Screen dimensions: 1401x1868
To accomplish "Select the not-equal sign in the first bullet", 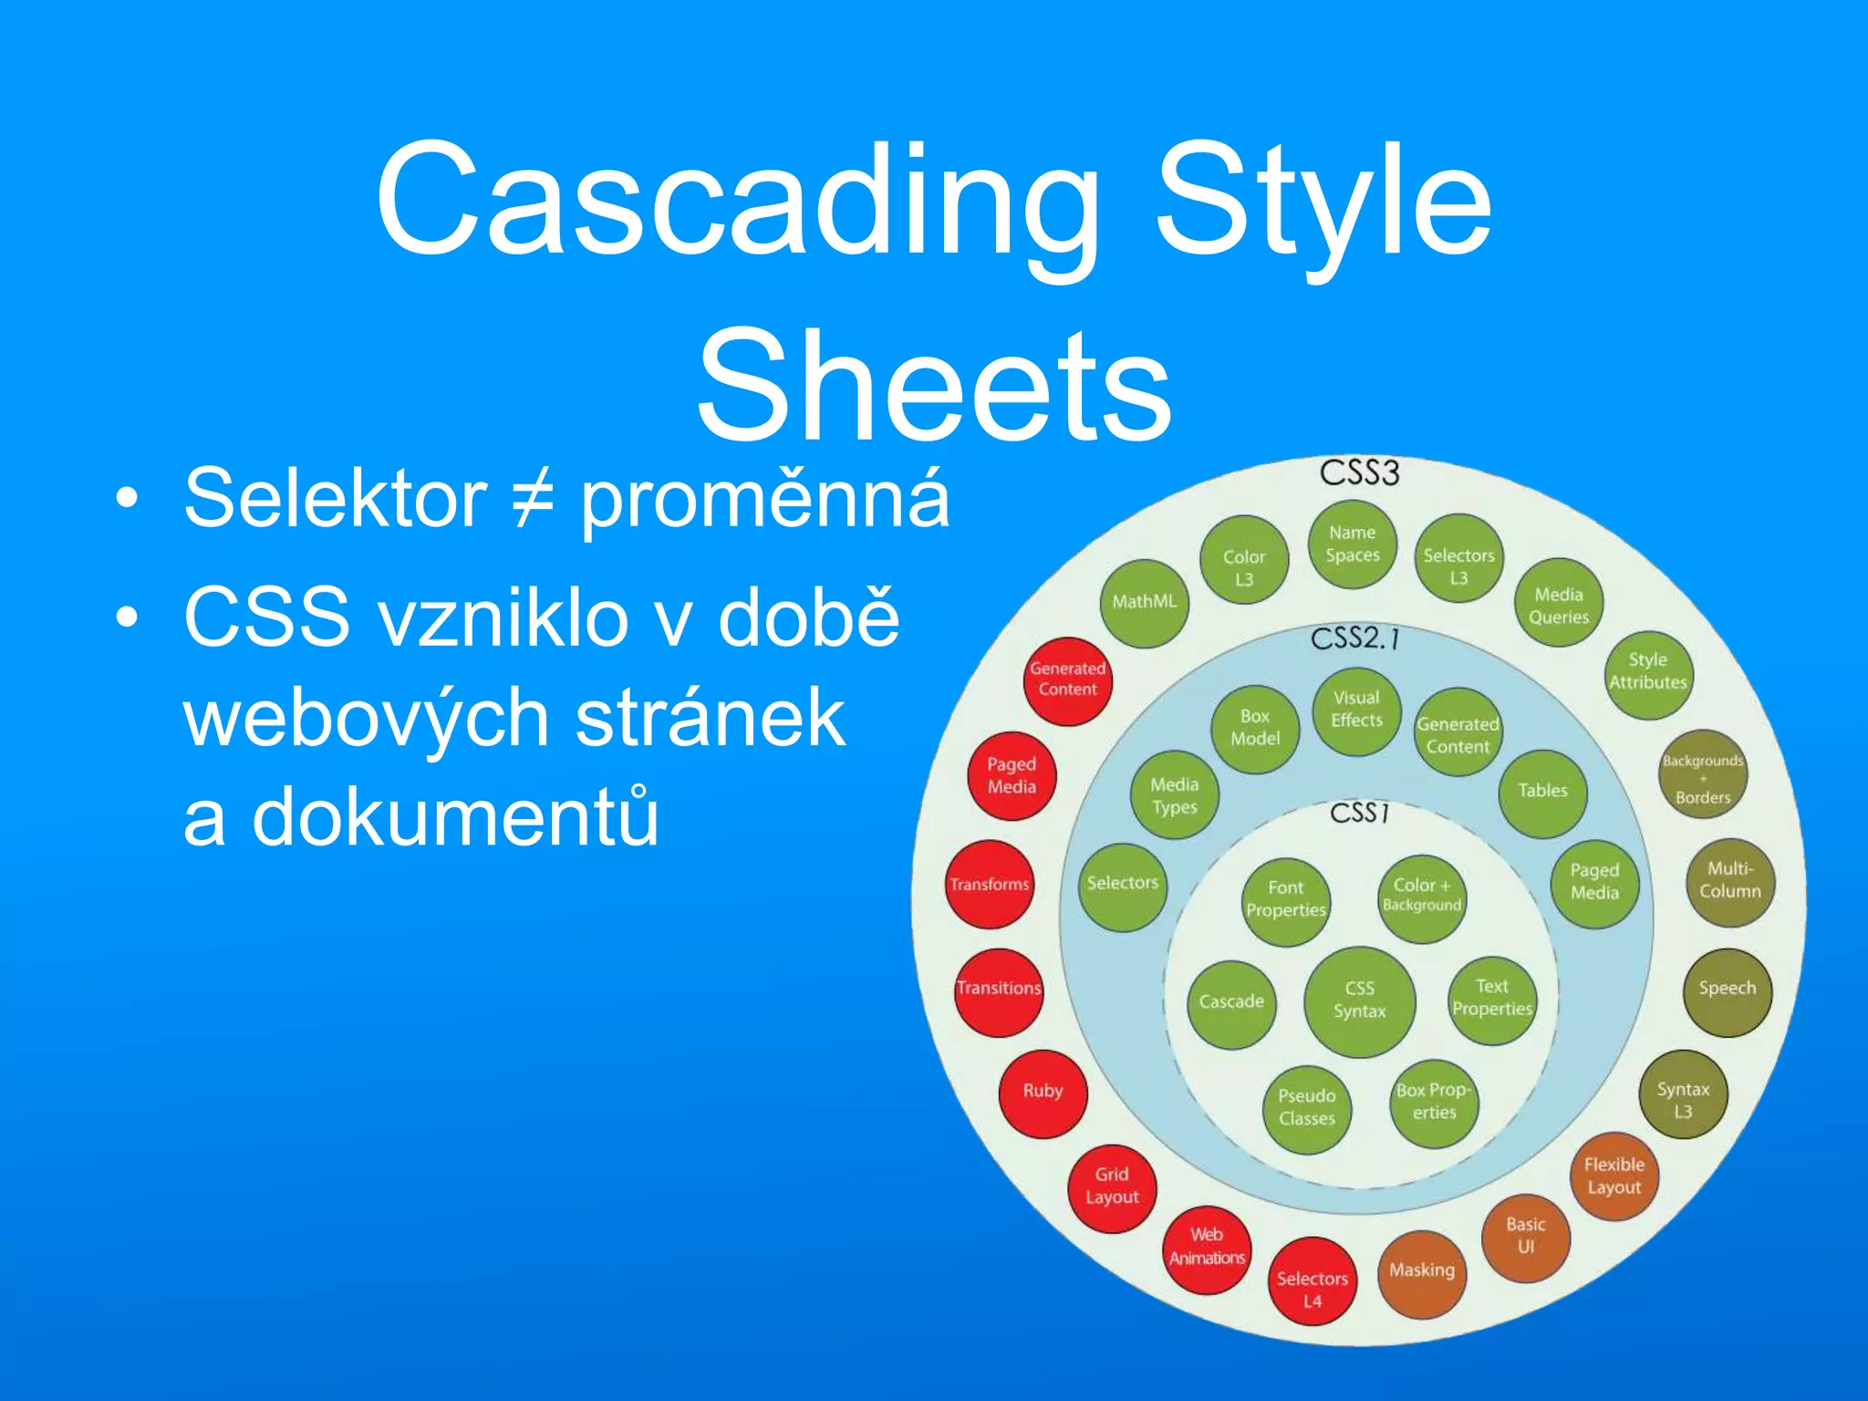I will (x=533, y=499).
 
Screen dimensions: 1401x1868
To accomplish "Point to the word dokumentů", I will (x=420, y=816).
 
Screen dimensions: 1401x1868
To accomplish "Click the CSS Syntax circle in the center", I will (x=1359, y=1001).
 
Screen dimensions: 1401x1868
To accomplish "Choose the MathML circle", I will (x=1144, y=602).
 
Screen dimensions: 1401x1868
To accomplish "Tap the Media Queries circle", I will (x=1558, y=605).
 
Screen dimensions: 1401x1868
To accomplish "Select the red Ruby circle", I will (x=1043, y=1091).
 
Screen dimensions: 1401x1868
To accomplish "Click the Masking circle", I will (x=1421, y=1271).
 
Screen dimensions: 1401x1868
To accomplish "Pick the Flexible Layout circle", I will (x=1614, y=1177).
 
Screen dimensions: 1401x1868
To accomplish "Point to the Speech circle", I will (x=1727, y=989).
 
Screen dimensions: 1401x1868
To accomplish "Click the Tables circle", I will (x=1542, y=792).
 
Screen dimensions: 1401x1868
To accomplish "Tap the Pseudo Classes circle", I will (x=1306, y=1107).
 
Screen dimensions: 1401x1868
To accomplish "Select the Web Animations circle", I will (x=1207, y=1247).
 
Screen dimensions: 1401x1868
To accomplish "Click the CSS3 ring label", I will (x=1359, y=473).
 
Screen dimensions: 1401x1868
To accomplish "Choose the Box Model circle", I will (x=1254, y=728).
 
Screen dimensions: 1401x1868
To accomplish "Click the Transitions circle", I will (x=999, y=990).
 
